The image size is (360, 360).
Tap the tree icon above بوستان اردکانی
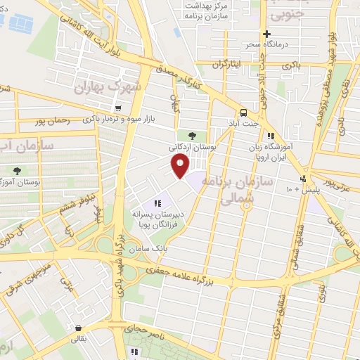191,135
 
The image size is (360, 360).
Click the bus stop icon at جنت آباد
243,112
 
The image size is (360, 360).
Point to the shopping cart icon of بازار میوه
117,108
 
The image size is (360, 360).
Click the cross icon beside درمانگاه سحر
266,34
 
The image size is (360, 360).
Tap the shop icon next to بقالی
78,327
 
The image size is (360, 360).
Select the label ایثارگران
231,65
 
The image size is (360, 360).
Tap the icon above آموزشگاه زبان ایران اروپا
270,136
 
